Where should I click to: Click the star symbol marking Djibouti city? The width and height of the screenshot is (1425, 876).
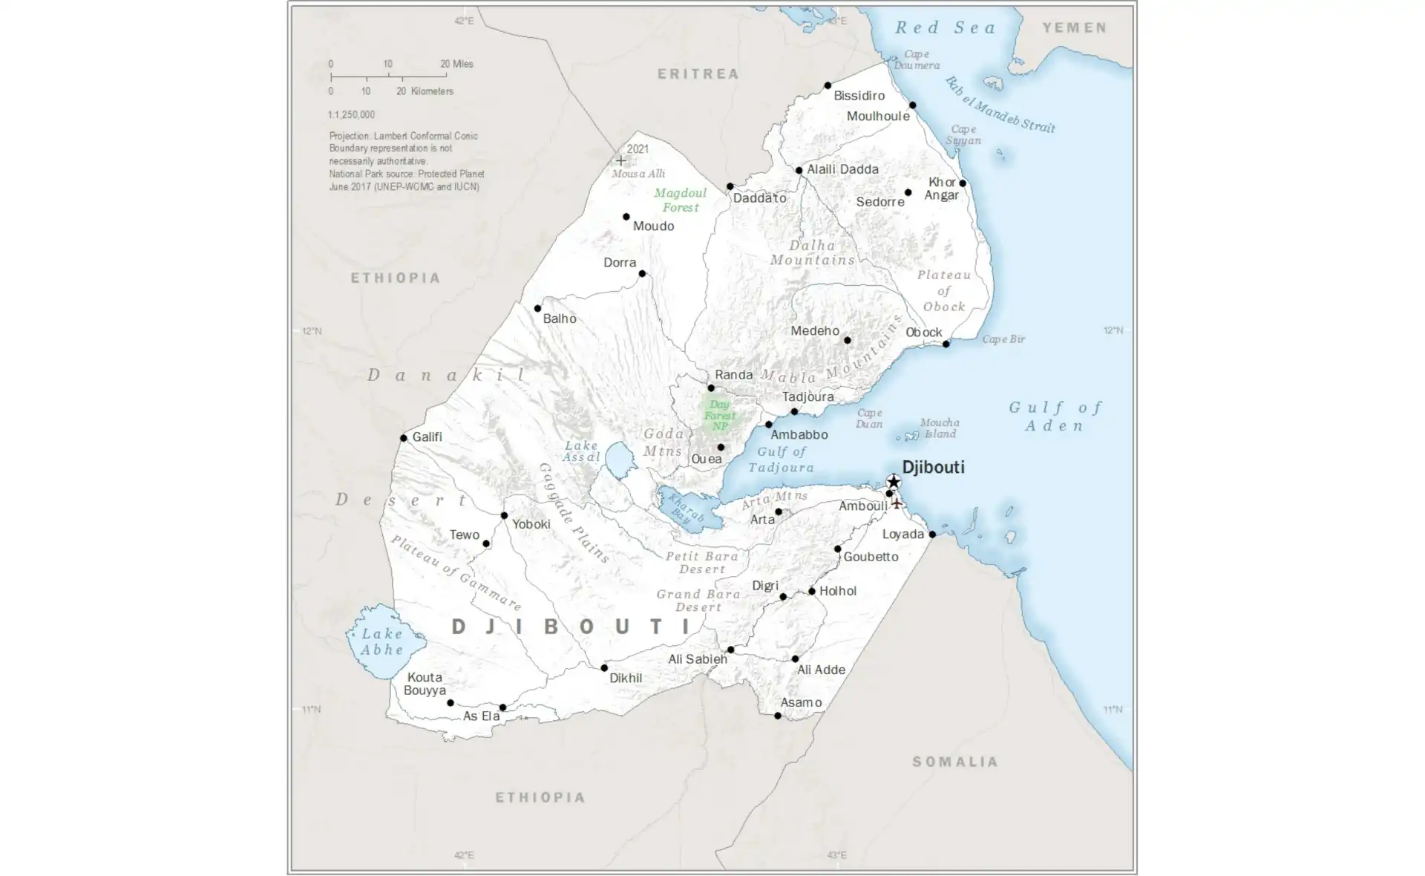click(x=894, y=482)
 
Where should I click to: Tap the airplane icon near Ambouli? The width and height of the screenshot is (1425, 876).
click(x=897, y=503)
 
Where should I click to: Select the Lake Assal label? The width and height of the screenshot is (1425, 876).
click(x=581, y=451)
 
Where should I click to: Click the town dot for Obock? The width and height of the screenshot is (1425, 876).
click(x=946, y=344)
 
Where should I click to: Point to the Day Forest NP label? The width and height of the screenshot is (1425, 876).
click(x=719, y=415)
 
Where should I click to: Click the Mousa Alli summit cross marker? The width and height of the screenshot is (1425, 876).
click(x=620, y=160)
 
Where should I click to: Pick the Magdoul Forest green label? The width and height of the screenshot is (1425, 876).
click(x=680, y=200)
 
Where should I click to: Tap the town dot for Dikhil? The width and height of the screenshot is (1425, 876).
click(x=604, y=668)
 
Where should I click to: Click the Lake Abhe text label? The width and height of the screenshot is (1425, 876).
click(x=382, y=641)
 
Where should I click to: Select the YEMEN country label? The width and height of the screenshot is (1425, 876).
click(x=1075, y=27)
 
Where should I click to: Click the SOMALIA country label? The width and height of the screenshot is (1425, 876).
click(x=955, y=762)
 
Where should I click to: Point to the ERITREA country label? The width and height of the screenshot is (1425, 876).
click(x=698, y=73)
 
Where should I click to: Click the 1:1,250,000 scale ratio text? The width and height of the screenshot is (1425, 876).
click(x=351, y=115)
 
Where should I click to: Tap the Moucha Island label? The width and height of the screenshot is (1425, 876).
click(x=940, y=428)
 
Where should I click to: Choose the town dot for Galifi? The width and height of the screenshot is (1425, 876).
click(x=404, y=438)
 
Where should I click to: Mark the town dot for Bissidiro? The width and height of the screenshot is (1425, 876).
click(x=828, y=86)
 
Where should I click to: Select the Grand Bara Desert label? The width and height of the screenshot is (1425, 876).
click(x=698, y=600)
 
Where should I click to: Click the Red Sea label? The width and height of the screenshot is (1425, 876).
click(x=946, y=27)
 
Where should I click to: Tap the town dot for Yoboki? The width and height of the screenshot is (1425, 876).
click(x=504, y=515)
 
